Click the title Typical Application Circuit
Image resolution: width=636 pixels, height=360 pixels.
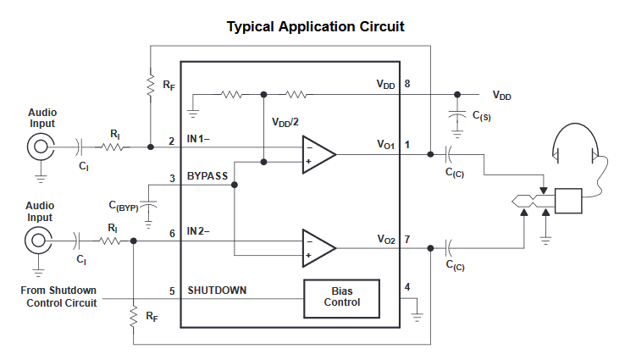(315, 26)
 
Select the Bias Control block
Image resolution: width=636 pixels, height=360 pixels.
(341, 296)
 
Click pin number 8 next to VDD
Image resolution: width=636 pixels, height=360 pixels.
(407, 85)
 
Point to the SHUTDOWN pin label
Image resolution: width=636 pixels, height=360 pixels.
(217, 291)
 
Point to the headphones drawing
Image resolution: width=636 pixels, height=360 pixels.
(577, 144)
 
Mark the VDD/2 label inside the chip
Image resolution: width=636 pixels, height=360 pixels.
(285, 122)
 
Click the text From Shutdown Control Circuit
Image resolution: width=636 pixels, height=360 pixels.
(58, 296)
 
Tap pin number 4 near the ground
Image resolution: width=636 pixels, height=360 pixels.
(407, 287)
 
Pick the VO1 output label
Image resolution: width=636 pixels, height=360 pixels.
(385, 146)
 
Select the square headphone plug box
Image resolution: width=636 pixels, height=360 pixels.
(569, 202)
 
